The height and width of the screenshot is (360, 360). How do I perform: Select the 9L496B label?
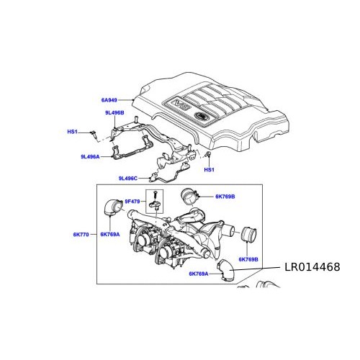click(x=113, y=113)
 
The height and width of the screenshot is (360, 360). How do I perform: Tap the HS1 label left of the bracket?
click(x=72, y=132)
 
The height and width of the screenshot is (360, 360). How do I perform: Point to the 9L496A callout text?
click(x=91, y=156)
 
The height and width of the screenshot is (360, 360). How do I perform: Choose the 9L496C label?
click(x=131, y=178)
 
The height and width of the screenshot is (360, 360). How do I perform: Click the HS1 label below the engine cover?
click(x=209, y=171)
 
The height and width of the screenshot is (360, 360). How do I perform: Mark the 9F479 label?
click(x=135, y=201)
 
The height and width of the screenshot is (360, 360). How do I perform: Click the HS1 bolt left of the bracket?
click(x=93, y=133)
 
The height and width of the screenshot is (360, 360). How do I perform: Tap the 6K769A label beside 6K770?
click(x=110, y=235)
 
